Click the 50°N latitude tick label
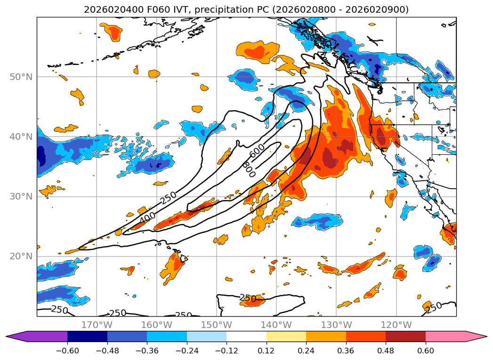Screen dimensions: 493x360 (x=21, y=77)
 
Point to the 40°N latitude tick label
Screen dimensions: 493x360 (x=21, y=136)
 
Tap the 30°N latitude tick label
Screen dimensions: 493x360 (x=21, y=197)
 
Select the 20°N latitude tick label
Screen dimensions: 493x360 (x=21, y=256)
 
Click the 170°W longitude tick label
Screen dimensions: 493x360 (x=97, y=325)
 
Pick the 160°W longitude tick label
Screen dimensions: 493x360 (x=157, y=325)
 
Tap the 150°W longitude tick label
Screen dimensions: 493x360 (x=217, y=325)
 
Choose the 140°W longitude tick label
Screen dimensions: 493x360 (x=276, y=325)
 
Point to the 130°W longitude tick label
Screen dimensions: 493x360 (x=336, y=325)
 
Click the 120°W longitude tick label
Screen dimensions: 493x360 (x=396, y=325)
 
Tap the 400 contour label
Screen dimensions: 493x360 (x=147, y=217)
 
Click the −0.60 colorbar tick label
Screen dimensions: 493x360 (x=67, y=351)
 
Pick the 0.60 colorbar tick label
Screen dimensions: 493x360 (x=425, y=351)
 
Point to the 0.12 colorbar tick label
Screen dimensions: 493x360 (x=267, y=351)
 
